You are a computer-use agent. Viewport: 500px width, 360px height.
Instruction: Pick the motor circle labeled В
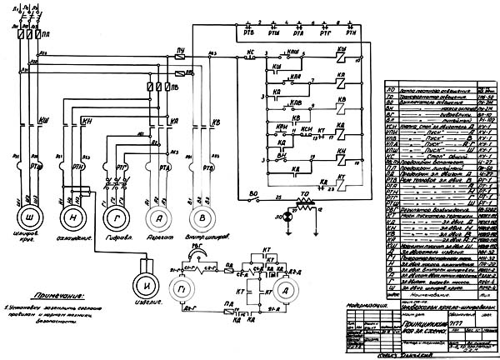click(199, 217)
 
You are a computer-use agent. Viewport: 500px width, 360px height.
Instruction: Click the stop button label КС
click(249, 51)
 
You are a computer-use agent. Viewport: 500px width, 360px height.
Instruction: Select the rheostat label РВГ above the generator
click(197, 247)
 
